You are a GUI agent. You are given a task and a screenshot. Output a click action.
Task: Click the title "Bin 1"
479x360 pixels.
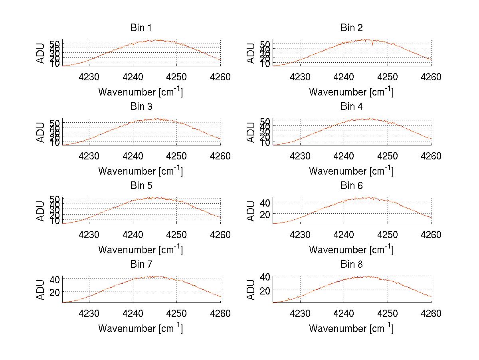coord(141,28)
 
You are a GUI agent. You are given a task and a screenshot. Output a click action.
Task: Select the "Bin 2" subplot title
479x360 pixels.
coord(352,28)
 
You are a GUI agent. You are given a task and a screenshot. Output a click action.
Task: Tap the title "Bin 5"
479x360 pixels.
coord(141,186)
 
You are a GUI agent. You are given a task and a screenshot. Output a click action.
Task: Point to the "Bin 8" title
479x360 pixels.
coord(352,265)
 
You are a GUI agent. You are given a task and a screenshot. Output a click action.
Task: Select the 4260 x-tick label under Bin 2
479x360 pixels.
coord(431,77)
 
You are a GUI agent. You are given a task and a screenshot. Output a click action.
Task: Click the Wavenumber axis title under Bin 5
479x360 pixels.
coord(141,250)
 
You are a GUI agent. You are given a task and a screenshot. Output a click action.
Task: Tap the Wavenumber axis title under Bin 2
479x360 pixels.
coord(351,92)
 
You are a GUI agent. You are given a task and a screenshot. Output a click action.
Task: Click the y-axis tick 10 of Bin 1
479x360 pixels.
coord(55,64)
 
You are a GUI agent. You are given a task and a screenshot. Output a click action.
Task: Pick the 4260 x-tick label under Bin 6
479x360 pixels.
coord(431,235)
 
